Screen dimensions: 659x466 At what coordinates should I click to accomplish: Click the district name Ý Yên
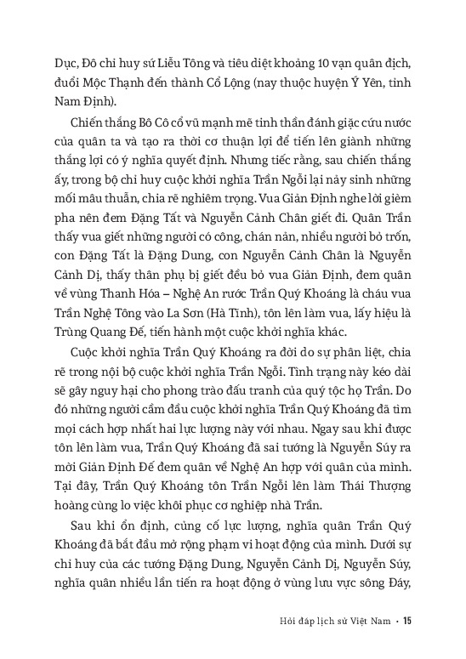tap(356, 64)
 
